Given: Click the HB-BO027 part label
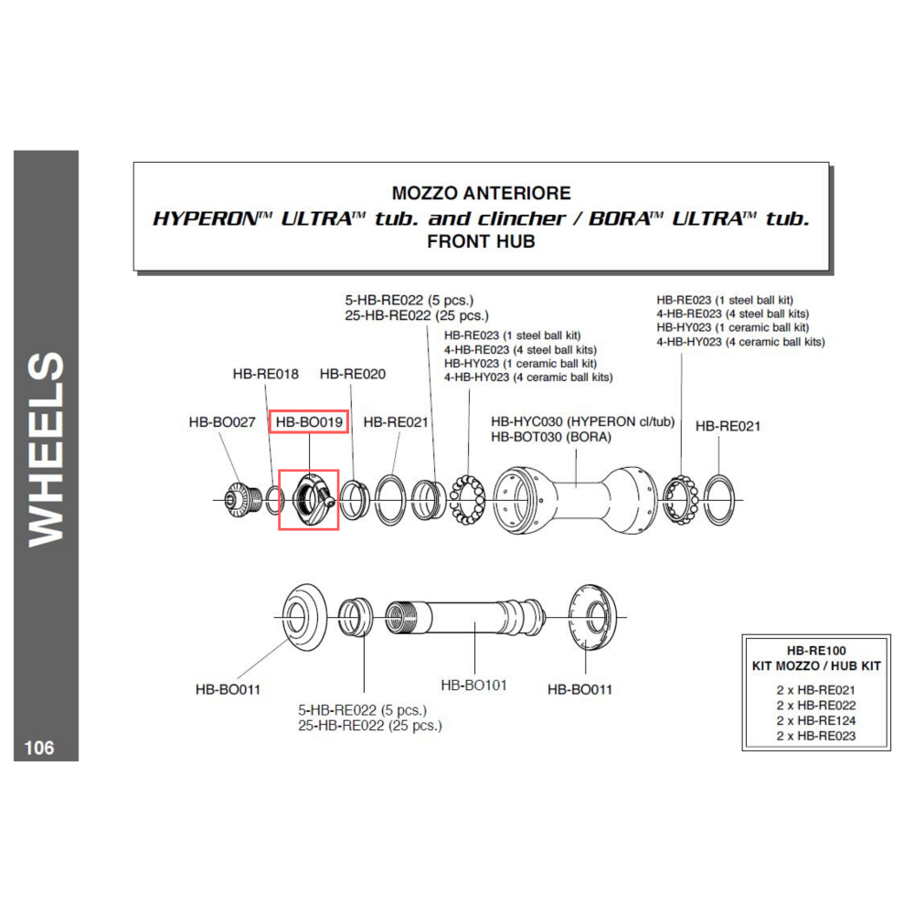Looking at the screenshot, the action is click(x=222, y=422).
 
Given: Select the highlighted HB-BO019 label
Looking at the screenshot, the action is click(x=309, y=421).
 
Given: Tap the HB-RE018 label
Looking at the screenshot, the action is click(x=265, y=374).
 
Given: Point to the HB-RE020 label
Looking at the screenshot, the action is click(x=353, y=374).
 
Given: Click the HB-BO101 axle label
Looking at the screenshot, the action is click(x=473, y=685).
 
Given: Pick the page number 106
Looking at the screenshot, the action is click(x=39, y=748).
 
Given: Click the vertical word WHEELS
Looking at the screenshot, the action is click(x=46, y=449).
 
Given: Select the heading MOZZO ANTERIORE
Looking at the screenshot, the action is click(x=481, y=193).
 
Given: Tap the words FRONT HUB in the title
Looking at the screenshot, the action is click(x=481, y=241).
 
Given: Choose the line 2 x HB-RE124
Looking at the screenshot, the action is click(x=816, y=720).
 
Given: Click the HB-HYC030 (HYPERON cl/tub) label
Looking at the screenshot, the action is click(x=582, y=421).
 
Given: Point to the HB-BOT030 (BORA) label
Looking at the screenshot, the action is click(x=551, y=437).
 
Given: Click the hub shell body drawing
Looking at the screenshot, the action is click(x=576, y=500).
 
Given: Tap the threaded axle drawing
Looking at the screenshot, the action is click(x=465, y=618).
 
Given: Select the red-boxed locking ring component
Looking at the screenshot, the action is click(x=314, y=500).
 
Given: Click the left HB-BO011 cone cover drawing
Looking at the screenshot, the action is click(x=304, y=617).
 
